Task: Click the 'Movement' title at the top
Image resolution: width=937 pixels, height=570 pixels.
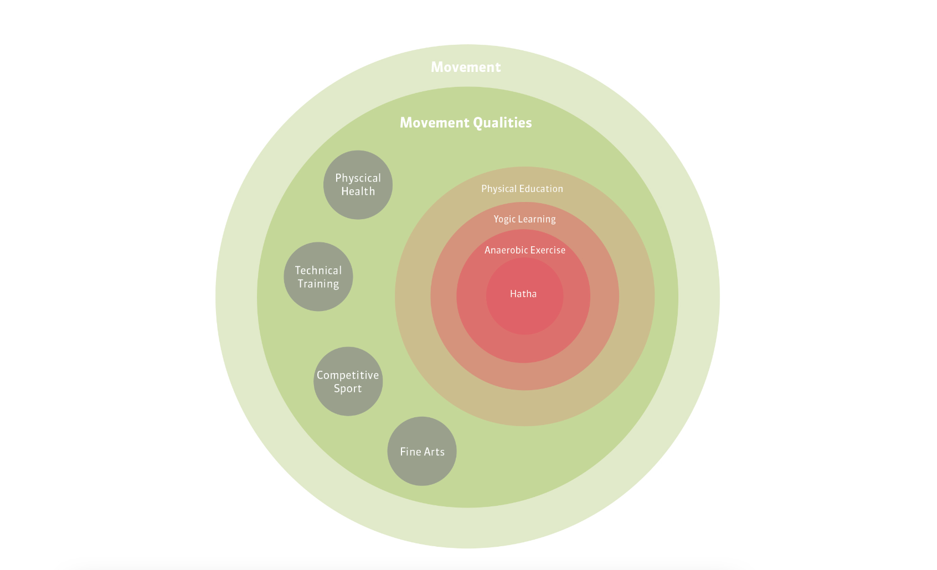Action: [466, 67]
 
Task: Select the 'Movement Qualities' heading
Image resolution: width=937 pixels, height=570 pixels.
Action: [466, 122]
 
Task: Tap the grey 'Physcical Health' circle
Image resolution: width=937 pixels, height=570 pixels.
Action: [358, 185]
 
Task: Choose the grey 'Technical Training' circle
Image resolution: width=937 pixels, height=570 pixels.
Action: [318, 277]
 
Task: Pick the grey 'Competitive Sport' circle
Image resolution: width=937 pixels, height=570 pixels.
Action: [348, 381]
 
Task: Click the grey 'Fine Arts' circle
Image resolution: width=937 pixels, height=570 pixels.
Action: [422, 452]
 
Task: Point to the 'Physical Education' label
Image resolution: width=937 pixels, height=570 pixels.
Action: [522, 189]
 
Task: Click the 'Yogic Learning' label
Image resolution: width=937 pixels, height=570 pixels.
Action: [524, 219]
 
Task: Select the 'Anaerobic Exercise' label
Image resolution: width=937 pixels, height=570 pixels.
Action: [525, 250]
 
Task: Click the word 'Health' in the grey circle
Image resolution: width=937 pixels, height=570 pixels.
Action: [358, 191]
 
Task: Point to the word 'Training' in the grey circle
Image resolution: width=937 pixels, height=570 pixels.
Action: [318, 284]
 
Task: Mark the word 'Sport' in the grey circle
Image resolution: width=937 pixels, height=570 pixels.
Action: [348, 388]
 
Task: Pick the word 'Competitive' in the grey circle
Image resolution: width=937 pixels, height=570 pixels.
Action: [348, 375]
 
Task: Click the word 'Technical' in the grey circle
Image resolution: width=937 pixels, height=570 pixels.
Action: [318, 271]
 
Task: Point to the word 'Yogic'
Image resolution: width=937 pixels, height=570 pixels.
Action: [504, 219]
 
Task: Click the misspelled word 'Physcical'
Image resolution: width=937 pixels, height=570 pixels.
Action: [358, 178]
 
